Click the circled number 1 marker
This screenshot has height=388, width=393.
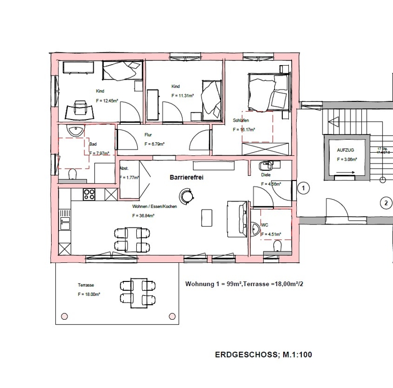coord(304,188)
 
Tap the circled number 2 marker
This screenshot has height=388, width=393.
coord(385,203)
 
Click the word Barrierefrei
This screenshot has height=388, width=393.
coord(187,177)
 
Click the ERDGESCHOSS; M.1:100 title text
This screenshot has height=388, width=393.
coord(263,355)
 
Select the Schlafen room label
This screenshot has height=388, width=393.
coord(242,120)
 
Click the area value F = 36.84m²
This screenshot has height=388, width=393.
coord(143,215)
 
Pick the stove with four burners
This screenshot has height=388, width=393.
coord(89,195)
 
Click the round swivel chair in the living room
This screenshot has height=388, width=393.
coord(186,196)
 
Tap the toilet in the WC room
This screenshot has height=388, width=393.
coord(278,245)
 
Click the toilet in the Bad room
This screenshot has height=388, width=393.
coord(72,174)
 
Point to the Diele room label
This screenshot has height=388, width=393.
coord(266,175)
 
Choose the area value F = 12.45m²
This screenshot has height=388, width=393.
coord(107,100)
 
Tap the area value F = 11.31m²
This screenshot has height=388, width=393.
coord(182,95)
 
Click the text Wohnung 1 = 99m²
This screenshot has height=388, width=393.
coord(213,284)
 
